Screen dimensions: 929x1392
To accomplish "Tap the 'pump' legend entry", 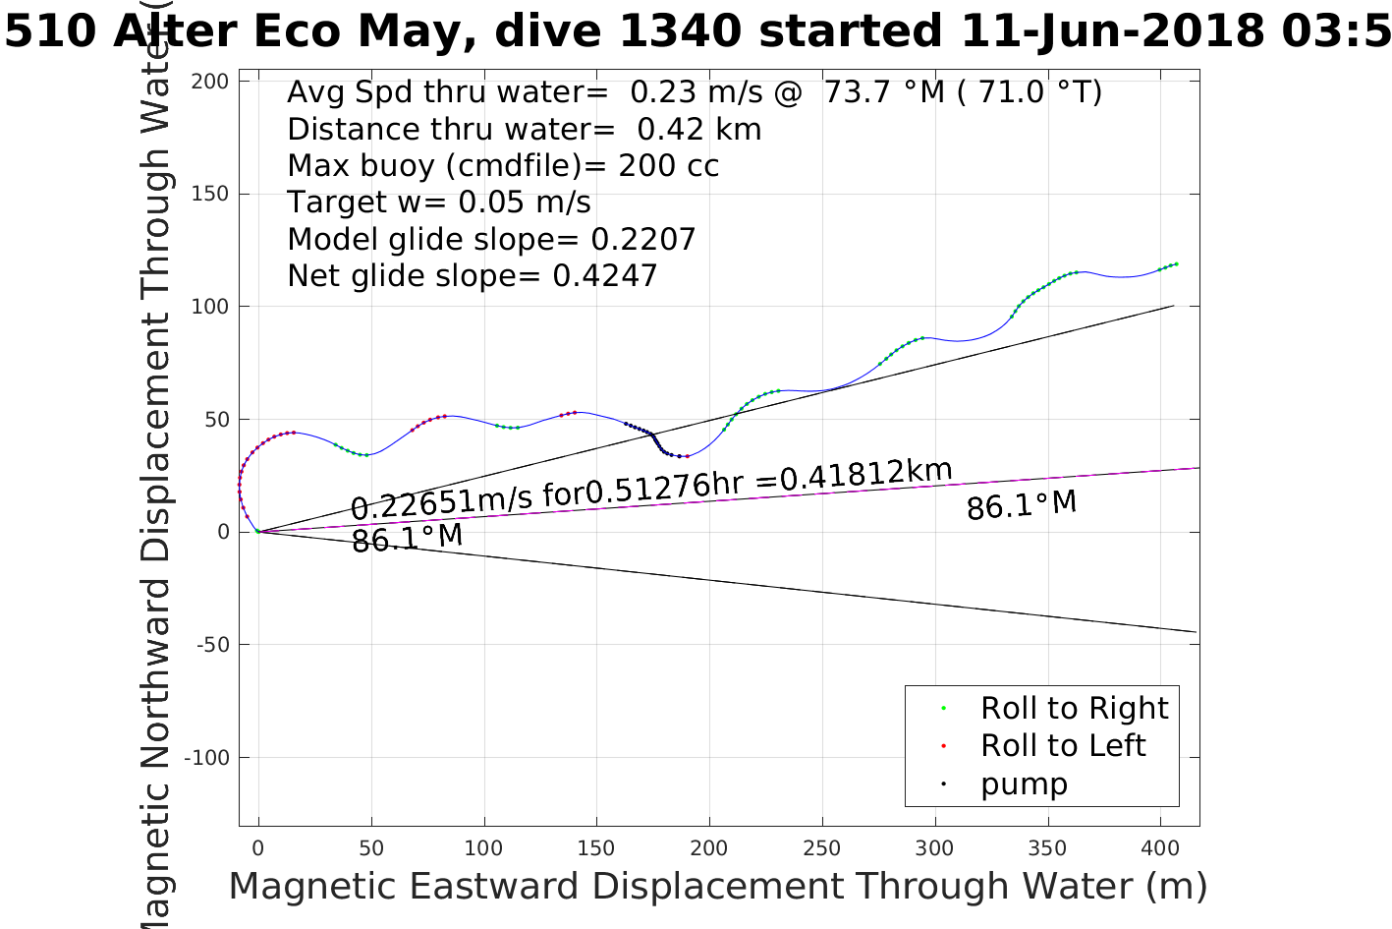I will coord(1023,784).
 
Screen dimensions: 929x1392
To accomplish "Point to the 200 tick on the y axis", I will coord(209,82).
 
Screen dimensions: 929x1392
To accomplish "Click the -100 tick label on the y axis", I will coord(206,758).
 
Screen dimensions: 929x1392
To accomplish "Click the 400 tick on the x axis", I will coord(1160,848).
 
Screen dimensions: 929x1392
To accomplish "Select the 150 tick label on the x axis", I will coord(596,848).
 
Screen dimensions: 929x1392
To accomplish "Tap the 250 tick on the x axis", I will coord(822,848).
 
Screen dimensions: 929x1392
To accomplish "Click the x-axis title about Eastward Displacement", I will coord(717,887).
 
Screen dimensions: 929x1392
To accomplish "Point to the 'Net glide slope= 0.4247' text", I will coord(472,276).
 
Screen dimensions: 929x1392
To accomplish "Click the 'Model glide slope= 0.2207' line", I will coord(491,240).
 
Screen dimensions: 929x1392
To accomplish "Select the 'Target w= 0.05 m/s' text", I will coord(439,203).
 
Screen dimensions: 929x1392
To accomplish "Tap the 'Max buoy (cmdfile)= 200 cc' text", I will coord(503,166).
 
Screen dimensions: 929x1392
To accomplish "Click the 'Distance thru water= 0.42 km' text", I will coord(524,130).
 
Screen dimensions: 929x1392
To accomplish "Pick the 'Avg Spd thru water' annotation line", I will coord(694,92).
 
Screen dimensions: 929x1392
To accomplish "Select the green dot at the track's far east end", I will coord(1176,263).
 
